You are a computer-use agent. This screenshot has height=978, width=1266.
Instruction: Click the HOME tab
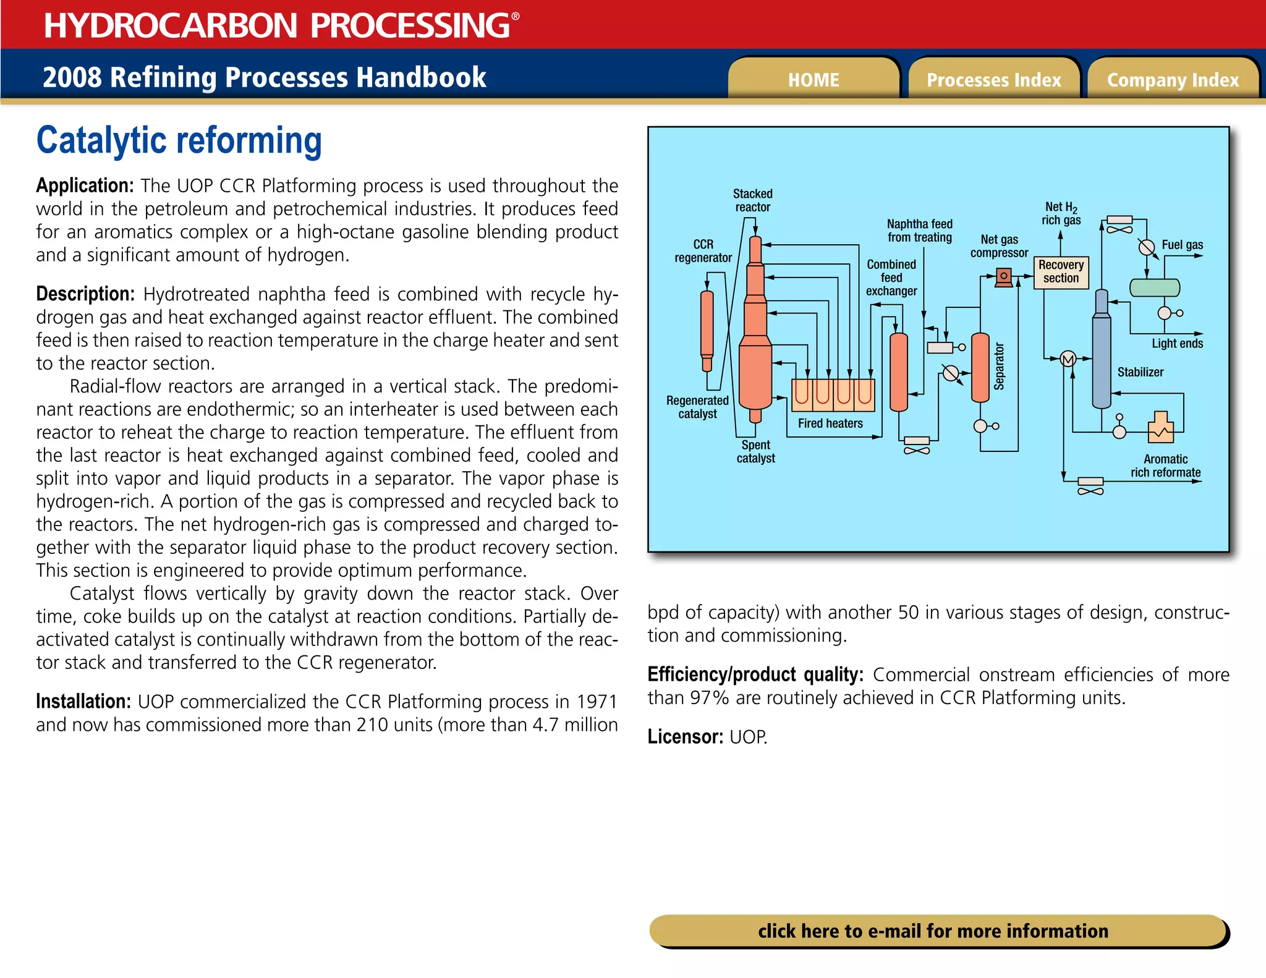[x=814, y=80]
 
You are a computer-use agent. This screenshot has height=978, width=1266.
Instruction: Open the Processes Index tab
[x=993, y=80]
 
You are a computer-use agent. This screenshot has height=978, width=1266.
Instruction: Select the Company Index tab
[x=1173, y=80]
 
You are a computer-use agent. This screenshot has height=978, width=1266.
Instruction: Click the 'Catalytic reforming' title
[x=179, y=140]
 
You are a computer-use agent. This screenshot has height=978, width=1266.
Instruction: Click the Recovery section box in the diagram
[x=1061, y=272]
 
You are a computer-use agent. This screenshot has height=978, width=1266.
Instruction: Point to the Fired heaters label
[x=830, y=423]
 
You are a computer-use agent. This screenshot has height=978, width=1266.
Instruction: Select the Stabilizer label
[x=1140, y=372]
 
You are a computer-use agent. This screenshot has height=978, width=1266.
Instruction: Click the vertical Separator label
[x=1000, y=367]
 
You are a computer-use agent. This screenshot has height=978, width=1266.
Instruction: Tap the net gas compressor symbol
[x=1004, y=276]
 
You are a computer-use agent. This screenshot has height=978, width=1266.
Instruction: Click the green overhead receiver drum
[x=1154, y=287]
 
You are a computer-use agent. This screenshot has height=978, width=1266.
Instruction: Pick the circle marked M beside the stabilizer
[x=1068, y=359]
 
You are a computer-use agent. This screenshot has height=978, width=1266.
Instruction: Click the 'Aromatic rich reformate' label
[x=1165, y=466]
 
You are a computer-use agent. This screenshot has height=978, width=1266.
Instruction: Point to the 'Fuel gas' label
[x=1182, y=245]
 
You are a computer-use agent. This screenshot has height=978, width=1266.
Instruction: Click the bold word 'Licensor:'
[x=685, y=737]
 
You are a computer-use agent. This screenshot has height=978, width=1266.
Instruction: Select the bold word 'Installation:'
[x=83, y=702]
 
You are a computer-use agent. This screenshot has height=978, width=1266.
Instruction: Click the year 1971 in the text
[x=597, y=702]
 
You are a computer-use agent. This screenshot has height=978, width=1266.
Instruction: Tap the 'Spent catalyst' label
[x=755, y=451]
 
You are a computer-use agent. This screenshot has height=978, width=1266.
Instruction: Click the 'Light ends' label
[x=1177, y=344]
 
